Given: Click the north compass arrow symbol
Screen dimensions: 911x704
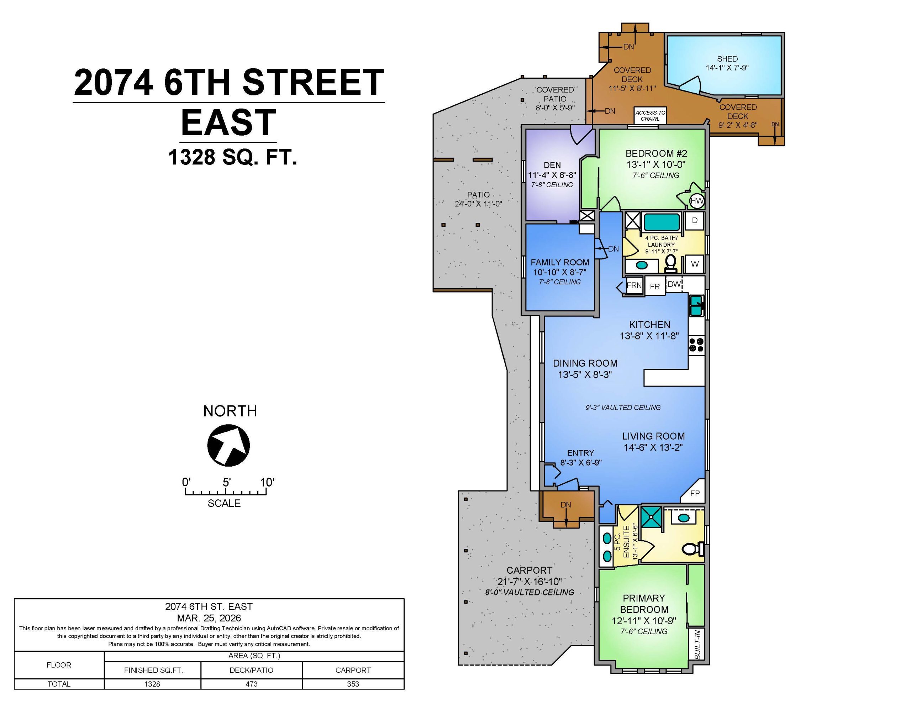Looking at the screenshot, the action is [228, 445].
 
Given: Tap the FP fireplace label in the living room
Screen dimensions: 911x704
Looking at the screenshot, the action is [695, 494].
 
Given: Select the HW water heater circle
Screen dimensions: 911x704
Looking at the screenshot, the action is [697, 201].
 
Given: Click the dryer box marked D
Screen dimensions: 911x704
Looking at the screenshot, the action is [695, 220].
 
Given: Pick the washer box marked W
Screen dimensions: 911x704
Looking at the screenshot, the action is [695, 264].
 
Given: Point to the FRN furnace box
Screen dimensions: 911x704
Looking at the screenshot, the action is [634, 285].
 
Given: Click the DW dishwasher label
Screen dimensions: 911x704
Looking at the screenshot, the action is [674, 284].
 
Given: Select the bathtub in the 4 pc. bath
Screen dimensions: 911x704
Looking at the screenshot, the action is [662, 222].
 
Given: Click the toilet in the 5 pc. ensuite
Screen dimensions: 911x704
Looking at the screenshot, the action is [693, 549].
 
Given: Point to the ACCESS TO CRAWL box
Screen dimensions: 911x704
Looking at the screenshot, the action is [650, 116].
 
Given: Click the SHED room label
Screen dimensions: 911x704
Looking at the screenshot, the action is [727, 59].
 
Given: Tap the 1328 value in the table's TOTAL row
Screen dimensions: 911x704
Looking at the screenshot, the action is [152, 684].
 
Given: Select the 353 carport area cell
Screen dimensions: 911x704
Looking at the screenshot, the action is [353, 684].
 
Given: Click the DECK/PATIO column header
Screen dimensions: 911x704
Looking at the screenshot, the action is [252, 670].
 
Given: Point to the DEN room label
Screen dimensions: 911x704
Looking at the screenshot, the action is [552, 165].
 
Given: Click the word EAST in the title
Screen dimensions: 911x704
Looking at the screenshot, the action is [228, 122].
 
